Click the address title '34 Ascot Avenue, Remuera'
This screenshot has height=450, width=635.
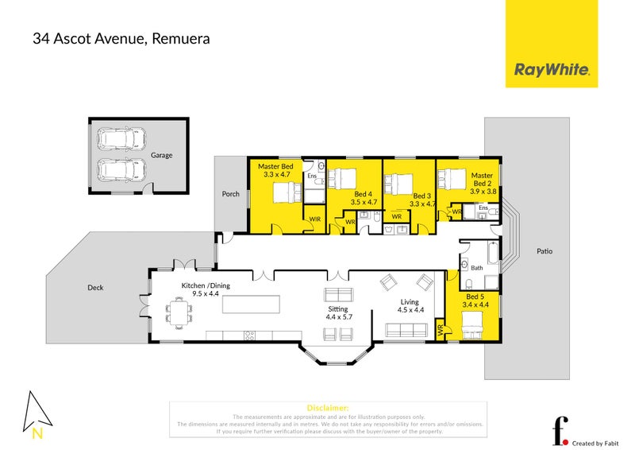tap(121, 37)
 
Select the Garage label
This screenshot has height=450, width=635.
tap(161, 156)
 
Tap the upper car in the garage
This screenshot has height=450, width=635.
tap(116, 140)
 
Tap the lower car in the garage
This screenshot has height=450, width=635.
tap(116, 169)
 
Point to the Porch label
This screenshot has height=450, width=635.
tap(230, 193)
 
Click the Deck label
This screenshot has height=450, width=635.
tap(95, 288)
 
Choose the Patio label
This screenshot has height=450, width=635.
tap(544, 251)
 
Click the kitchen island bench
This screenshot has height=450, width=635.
tap(252, 304)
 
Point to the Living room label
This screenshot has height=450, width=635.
tap(409, 302)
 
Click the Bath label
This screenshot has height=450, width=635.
tap(476, 268)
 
